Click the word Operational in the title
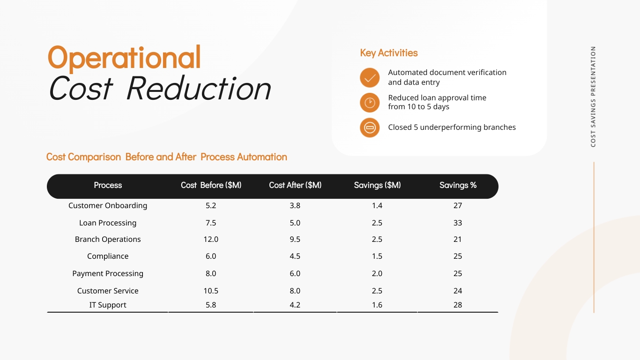pos(124,58)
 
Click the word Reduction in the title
pos(199,88)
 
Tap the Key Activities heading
pos(388,53)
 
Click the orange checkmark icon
pos(370,77)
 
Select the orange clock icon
pos(370,103)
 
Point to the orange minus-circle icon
pos(370,127)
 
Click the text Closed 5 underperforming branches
pos(452,127)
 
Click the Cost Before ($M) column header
pos(211,186)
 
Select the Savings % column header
pos(458,186)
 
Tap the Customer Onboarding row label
pos(108,206)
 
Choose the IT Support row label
pos(108,305)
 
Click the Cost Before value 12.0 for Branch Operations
pos(211,240)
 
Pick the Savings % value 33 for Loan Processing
pos(458,223)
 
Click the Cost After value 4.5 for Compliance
pos(295,256)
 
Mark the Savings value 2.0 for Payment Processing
pos(377,274)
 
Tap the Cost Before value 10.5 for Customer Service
pos(211,291)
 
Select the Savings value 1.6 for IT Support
pos(377,305)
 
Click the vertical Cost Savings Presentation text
pos(593,97)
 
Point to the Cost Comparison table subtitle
pos(166,157)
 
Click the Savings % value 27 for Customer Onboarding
pos(458,206)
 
